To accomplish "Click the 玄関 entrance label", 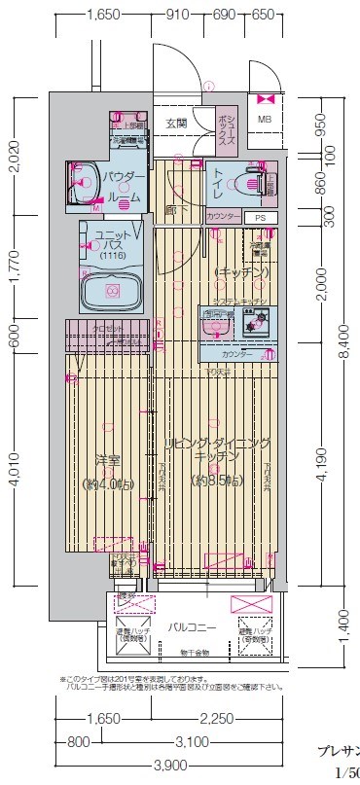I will pyautogui.click(x=176, y=124).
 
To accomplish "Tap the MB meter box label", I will pyautogui.click(x=265, y=120).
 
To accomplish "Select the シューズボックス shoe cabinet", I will pyautogui.click(x=226, y=126).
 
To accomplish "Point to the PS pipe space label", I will pyautogui.click(x=259, y=217).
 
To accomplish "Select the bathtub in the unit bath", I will pyautogui.click(x=112, y=291).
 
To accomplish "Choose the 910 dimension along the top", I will pyautogui.click(x=177, y=15).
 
